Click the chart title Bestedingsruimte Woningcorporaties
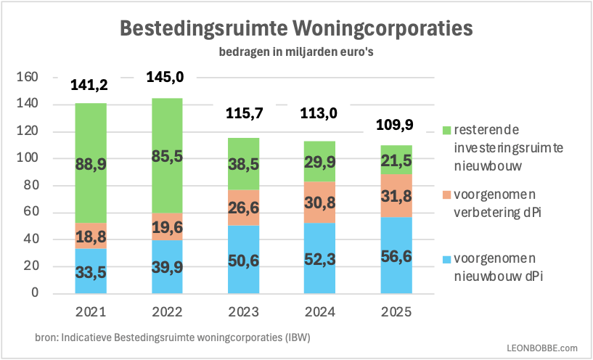pos(295,28)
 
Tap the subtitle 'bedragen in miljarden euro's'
pos(295,52)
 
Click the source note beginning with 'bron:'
pos(177,339)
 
